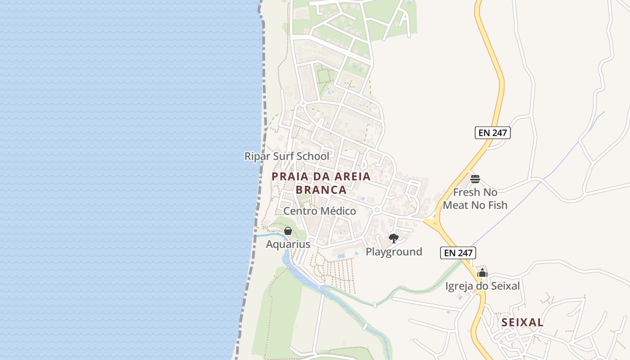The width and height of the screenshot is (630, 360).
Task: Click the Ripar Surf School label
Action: tap(287, 156)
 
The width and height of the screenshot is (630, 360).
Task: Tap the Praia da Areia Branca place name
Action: tap(321, 183)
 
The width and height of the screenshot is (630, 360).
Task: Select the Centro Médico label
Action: tap(319, 211)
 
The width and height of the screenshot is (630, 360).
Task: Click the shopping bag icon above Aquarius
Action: tap(288, 231)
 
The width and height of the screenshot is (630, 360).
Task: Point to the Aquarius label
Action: tap(288, 244)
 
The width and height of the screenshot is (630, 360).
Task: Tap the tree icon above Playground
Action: tap(394, 238)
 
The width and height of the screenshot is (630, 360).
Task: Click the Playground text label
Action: tap(394, 252)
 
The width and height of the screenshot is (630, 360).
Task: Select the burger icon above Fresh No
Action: tap(475, 179)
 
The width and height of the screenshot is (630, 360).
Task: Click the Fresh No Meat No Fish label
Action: tap(475, 199)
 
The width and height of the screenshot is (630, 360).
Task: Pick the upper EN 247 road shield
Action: tap(492, 133)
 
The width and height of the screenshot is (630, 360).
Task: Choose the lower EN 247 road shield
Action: tap(458, 253)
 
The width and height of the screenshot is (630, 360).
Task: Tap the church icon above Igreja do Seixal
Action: tap(482, 273)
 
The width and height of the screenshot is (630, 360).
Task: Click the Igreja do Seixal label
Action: tap(482, 286)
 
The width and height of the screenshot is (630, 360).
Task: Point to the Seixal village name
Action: tap(522, 323)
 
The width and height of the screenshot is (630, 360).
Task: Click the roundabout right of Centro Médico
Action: tap(377, 210)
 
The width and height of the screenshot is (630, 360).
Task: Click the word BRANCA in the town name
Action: tap(321, 190)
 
